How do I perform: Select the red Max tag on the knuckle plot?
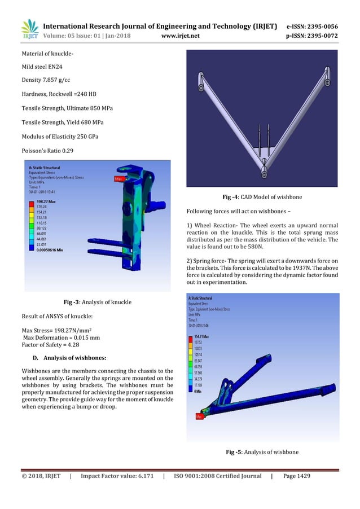pos(119,179)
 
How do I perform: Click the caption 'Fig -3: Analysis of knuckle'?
pos(97,302)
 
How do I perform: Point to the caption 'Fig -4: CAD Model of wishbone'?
pos(262,197)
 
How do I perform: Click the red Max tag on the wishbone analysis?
pos(199,416)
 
